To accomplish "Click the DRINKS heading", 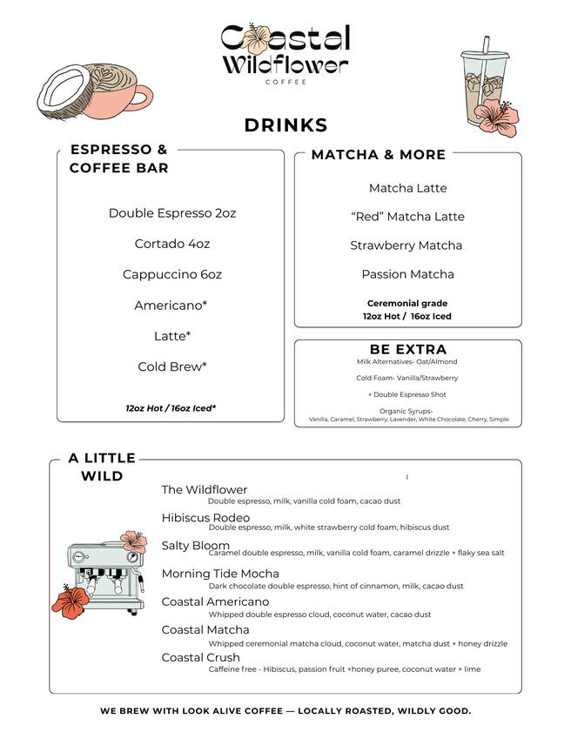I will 285,125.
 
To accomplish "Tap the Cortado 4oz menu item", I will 172,244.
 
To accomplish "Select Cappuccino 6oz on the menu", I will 172,274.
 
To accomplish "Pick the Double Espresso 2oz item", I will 172,213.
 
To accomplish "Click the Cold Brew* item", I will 172,366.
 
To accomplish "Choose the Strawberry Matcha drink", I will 406,245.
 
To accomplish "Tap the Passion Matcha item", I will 407,274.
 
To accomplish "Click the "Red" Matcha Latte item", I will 407,217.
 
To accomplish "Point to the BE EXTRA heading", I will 408,349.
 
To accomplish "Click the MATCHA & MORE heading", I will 379,155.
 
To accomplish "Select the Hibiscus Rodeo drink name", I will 205,518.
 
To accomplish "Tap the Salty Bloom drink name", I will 196,546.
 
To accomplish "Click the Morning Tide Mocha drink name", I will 220,574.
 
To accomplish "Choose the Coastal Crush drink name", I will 200,657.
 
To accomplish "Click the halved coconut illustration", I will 63,94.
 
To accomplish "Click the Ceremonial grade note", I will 407,303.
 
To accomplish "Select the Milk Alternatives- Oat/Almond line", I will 406,361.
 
